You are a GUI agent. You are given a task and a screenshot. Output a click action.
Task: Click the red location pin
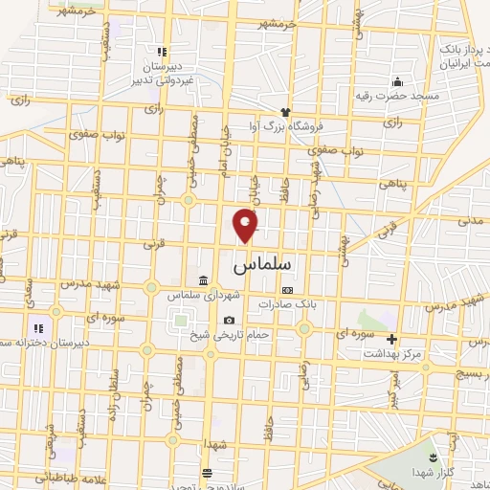click(x=246, y=225)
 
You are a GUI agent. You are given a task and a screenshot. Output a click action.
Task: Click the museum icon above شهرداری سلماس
click(x=203, y=280)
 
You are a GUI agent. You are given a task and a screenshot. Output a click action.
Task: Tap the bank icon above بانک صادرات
click(x=286, y=289)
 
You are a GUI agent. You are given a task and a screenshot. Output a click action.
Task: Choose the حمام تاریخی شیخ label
click(x=229, y=334)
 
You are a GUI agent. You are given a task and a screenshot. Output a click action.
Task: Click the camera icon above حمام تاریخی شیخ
click(x=229, y=320)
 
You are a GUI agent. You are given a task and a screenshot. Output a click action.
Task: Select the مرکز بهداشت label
click(x=391, y=353)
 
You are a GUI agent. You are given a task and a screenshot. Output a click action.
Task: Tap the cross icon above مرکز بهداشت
click(x=391, y=339)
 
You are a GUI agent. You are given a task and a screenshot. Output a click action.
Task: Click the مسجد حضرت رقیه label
click(x=397, y=97)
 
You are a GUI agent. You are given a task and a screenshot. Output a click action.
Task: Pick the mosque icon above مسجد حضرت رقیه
click(x=397, y=81)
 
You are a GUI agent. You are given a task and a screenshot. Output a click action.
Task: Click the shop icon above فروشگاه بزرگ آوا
click(x=284, y=112)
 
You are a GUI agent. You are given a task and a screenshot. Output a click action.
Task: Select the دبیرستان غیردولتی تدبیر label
click(x=162, y=75)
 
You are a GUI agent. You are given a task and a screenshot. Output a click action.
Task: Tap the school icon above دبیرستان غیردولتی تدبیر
click(x=162, y=52)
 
